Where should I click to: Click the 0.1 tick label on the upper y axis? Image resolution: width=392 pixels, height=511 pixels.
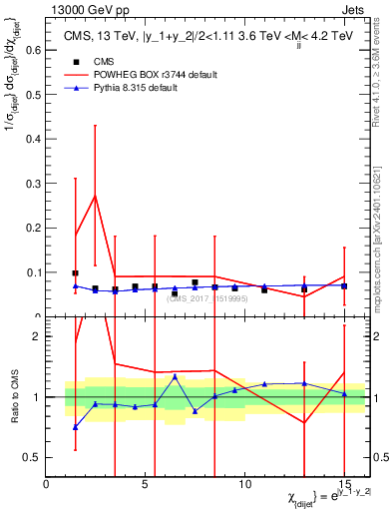point(33,272)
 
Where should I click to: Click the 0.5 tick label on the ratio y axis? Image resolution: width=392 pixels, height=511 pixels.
point(33,457)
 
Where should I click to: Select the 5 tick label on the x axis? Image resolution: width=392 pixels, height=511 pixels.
point(146,485)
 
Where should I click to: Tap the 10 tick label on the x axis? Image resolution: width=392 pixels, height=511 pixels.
point(245,485)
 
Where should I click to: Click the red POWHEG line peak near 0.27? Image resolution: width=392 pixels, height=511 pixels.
point(95,196)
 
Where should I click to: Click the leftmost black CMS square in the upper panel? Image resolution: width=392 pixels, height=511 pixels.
point(75,272)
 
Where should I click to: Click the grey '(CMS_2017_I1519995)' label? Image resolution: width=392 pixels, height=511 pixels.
point(206,297)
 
